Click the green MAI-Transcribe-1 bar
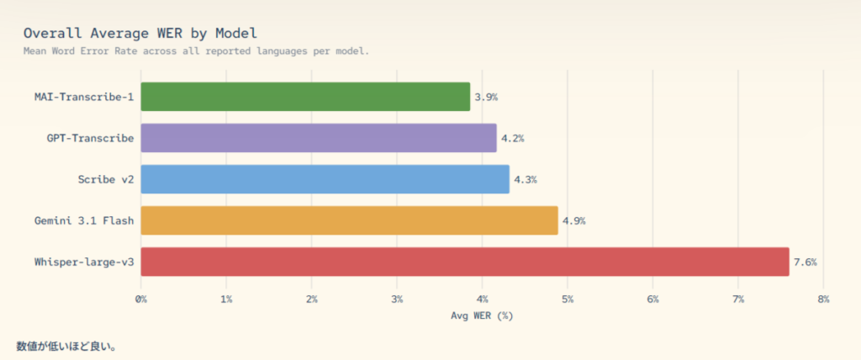305,97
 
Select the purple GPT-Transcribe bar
318,138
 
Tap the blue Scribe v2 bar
325,179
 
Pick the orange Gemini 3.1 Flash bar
349,220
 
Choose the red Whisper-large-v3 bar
465,262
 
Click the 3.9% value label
486,97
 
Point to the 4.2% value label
512,138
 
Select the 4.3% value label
525,179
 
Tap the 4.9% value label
573,220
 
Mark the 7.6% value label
805,262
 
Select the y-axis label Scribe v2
105,179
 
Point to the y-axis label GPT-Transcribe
90,138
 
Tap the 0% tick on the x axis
141,299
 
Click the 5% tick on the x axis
568,299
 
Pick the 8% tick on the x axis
823,299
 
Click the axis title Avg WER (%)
482,315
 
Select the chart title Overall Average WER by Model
140,33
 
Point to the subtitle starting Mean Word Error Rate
196,50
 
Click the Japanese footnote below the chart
66,346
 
